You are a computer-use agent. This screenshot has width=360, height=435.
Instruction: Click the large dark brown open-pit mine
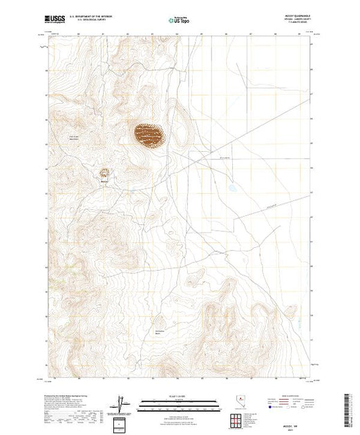(x=149, y=135)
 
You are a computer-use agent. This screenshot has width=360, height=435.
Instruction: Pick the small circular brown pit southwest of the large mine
(x=105, y=173)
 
